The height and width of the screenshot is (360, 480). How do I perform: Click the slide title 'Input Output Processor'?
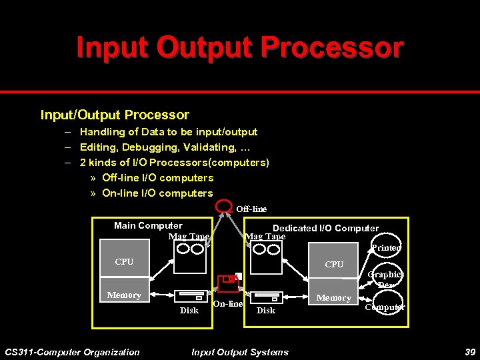click(x=240, y=48)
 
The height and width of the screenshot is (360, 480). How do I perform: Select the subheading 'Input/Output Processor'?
click(x=115, y=115)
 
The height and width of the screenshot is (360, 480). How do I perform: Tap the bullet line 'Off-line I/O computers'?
click(x=157, y=178)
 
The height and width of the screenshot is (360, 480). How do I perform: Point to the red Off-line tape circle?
click(x=223, y=207)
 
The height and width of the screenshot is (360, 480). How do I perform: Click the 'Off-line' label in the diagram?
click(x=251, y=209)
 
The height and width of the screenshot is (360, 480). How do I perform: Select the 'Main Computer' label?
click(x=148, y=225)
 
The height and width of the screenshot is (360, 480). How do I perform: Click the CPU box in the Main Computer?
click(x=124, y=262)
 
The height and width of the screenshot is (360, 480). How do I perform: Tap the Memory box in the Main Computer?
click(x=124, y=295)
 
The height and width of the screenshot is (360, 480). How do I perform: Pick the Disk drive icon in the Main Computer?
click(x=189, y=297)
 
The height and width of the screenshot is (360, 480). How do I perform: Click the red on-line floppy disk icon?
click(x=228, y=283)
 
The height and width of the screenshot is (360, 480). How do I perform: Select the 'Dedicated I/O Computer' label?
click(x=325, y=228)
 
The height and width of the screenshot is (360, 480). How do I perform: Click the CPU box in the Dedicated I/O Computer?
click(x=334, y=265)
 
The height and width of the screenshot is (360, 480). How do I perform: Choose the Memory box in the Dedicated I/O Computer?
click(x=334, y=298)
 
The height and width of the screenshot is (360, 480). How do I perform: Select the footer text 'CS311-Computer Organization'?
click(x=72, y=352)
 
